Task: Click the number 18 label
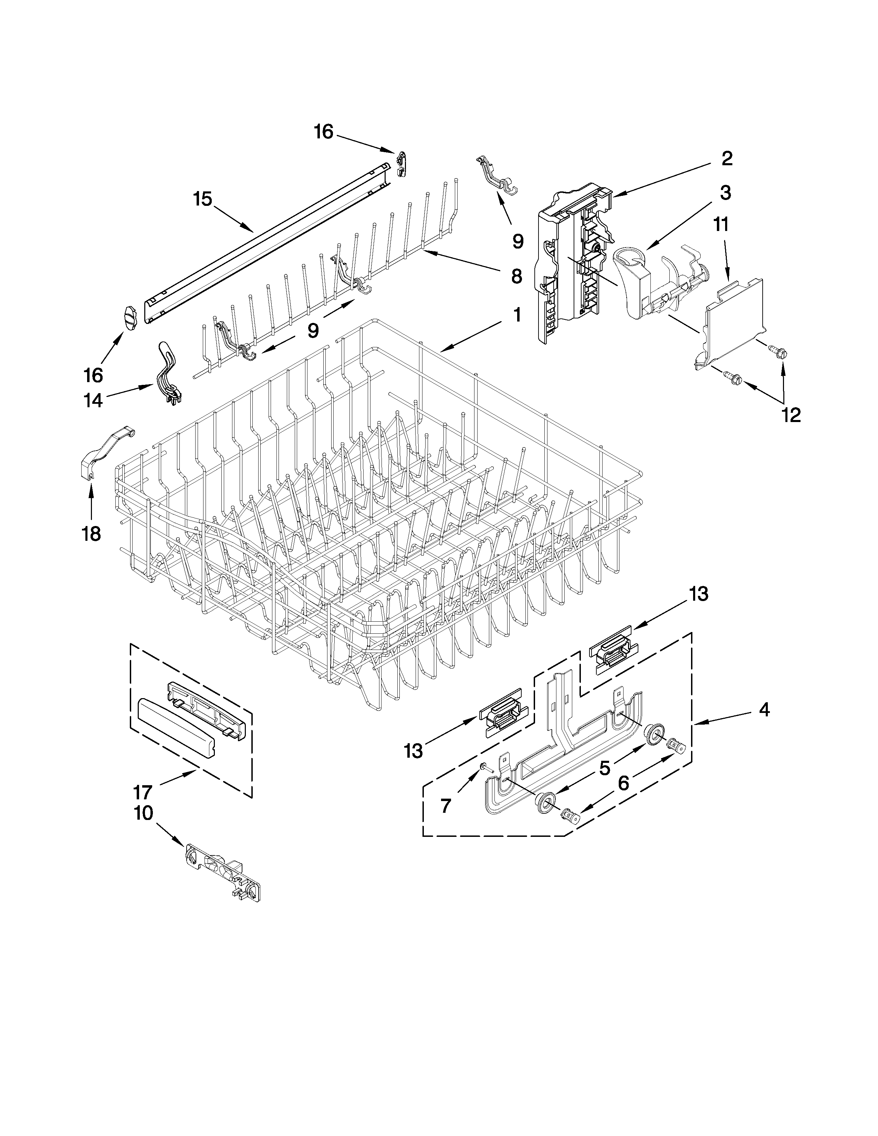pyautogui.click(x=92, y=534)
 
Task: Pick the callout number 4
pyautogui.click(x=764, y=709)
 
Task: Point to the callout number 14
pyautogui.click(x=94, y=400)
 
